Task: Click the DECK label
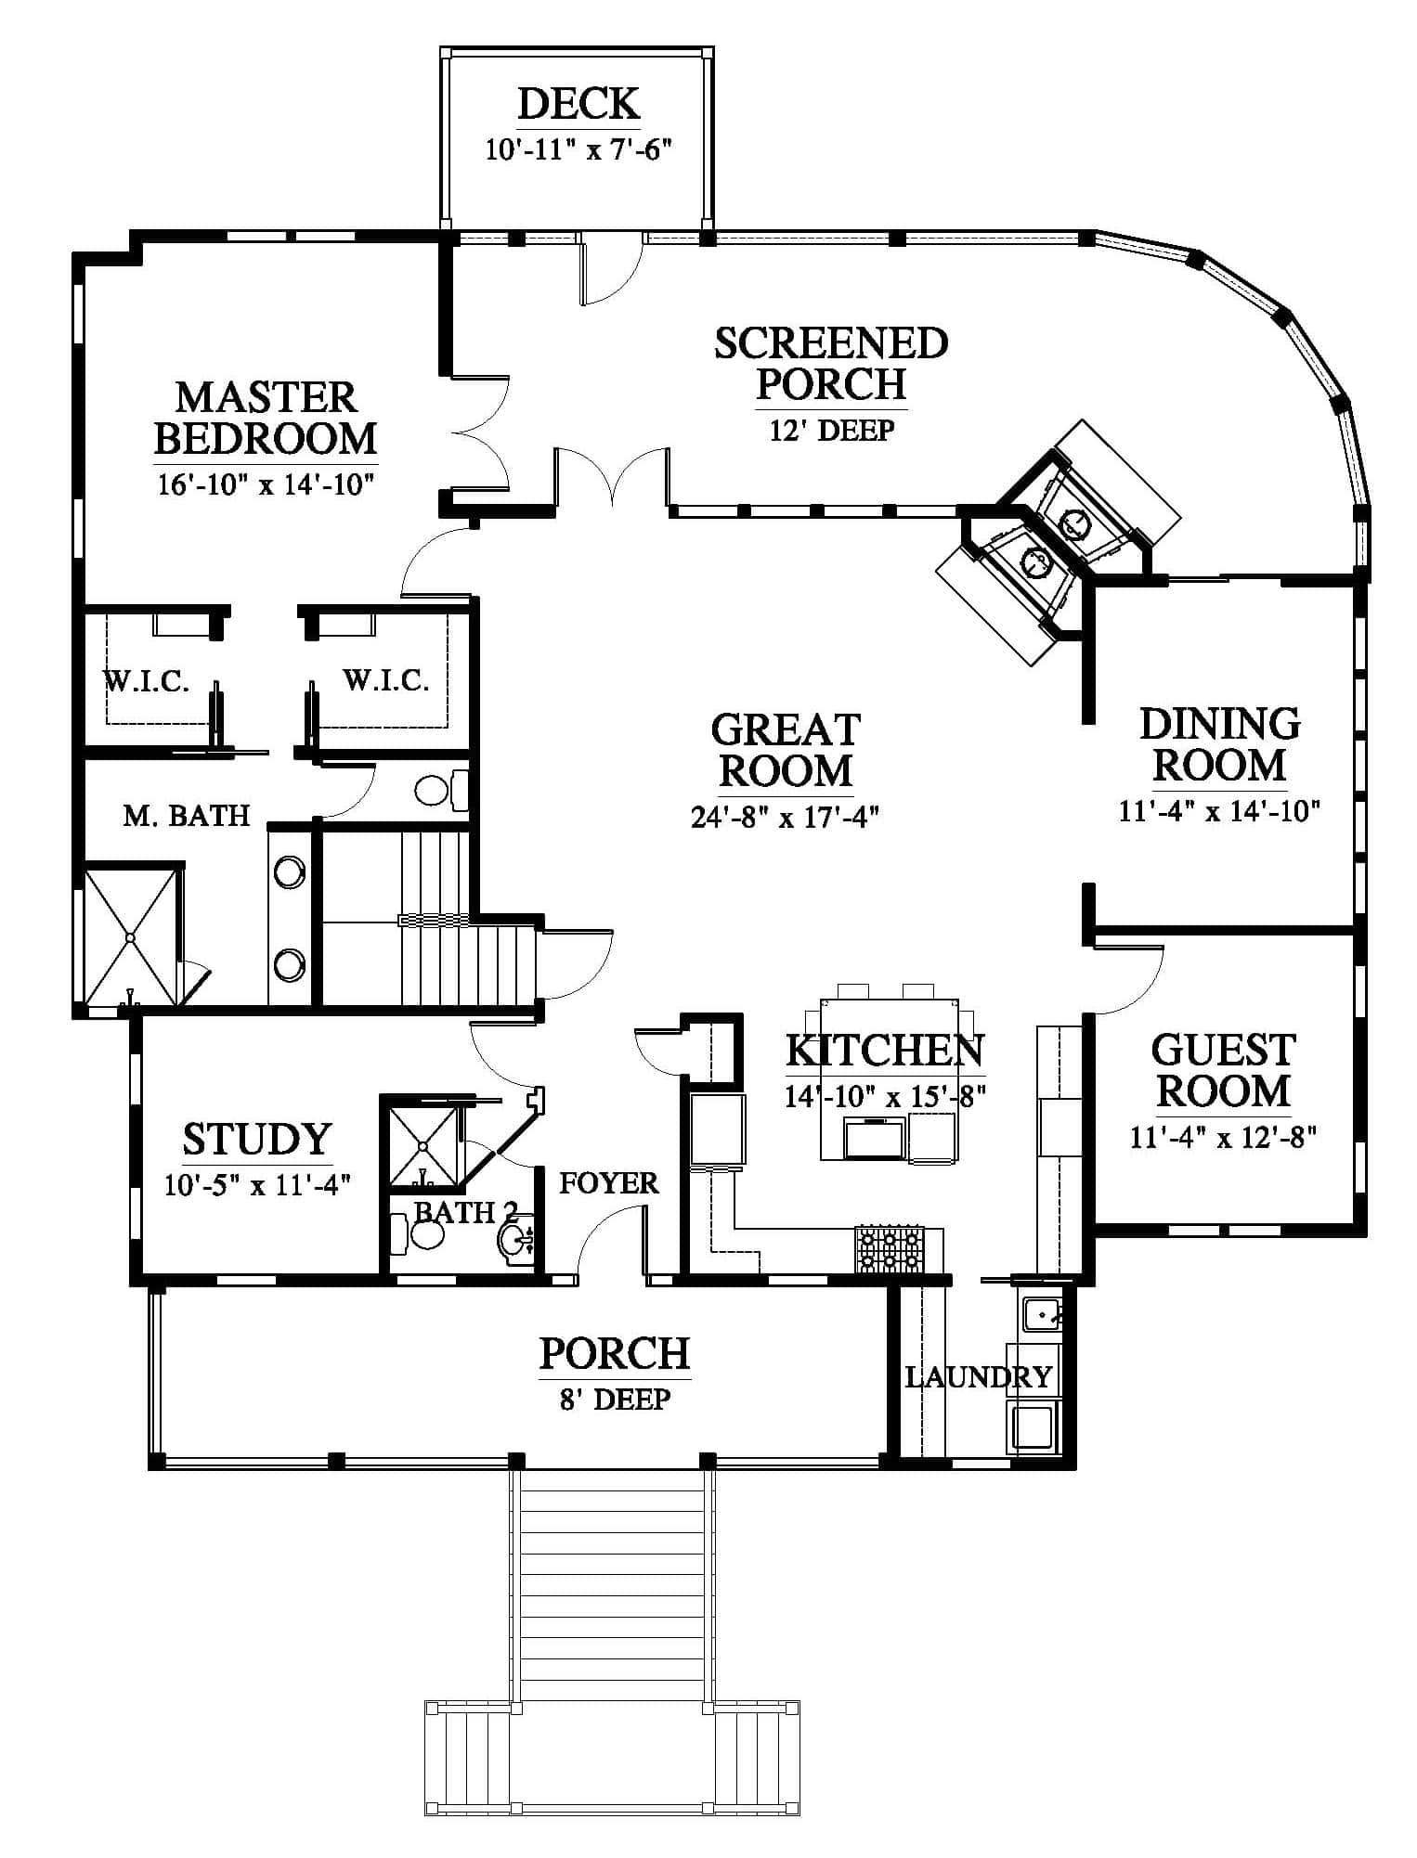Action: click(x=578, y=104)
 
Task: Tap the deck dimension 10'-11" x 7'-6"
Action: click(x=578, y=149)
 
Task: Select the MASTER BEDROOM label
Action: click(x=266, y=418)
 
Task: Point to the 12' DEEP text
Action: click(x=831, y=431)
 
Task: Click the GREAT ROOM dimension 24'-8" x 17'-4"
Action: click(x=785, y=818)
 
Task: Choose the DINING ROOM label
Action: click(x=1219, y=744)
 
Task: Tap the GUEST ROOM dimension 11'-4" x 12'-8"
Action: click(x=1223, y=1137)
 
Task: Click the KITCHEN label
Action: click(x=884, y=1051)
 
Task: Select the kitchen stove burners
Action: click(x=889, y=1249)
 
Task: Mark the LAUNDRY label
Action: click(x=978, y=1377)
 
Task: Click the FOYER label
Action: click(x=608, y=1183)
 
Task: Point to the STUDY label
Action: click(x=256, y=1139)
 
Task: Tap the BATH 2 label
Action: click(x=464, y=1212)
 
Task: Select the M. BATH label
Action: click(x=187, y=816)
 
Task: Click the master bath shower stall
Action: click(x=130, y=935)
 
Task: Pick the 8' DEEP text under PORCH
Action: click(x=614, y=1399)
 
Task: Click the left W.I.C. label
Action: click(x=146, y=682)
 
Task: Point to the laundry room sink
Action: click(x=1041, y=1314)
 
